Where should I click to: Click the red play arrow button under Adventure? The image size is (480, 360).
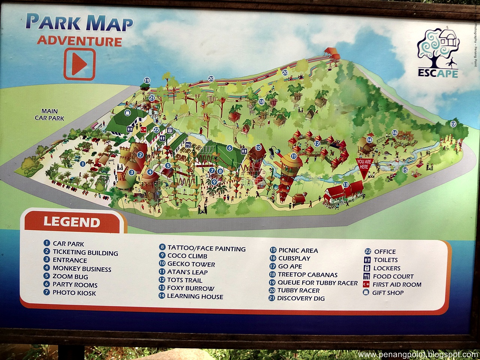point(79,64)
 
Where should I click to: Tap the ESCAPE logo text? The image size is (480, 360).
point(438,73)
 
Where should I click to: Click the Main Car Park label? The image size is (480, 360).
point(49,114)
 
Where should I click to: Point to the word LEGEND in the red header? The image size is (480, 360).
point(72,222)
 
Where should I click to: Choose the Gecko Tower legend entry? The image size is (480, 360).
point(191,264)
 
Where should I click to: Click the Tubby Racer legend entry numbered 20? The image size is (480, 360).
point(298,290)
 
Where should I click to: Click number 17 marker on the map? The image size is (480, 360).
point(453,124)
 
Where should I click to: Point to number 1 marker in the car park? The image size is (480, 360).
point(83,163)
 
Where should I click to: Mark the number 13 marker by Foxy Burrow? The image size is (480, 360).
point(345,184)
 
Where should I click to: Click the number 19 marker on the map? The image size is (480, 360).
point(147,80)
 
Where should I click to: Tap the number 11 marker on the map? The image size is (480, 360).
point(294,156)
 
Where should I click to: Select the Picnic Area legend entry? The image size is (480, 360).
point(298,250)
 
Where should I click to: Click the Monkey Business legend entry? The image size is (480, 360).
point(81,268)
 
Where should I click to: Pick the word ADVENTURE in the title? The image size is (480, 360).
point(79,41)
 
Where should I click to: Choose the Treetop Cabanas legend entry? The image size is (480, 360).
point(307,274)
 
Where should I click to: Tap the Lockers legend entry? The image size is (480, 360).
point(386,268)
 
